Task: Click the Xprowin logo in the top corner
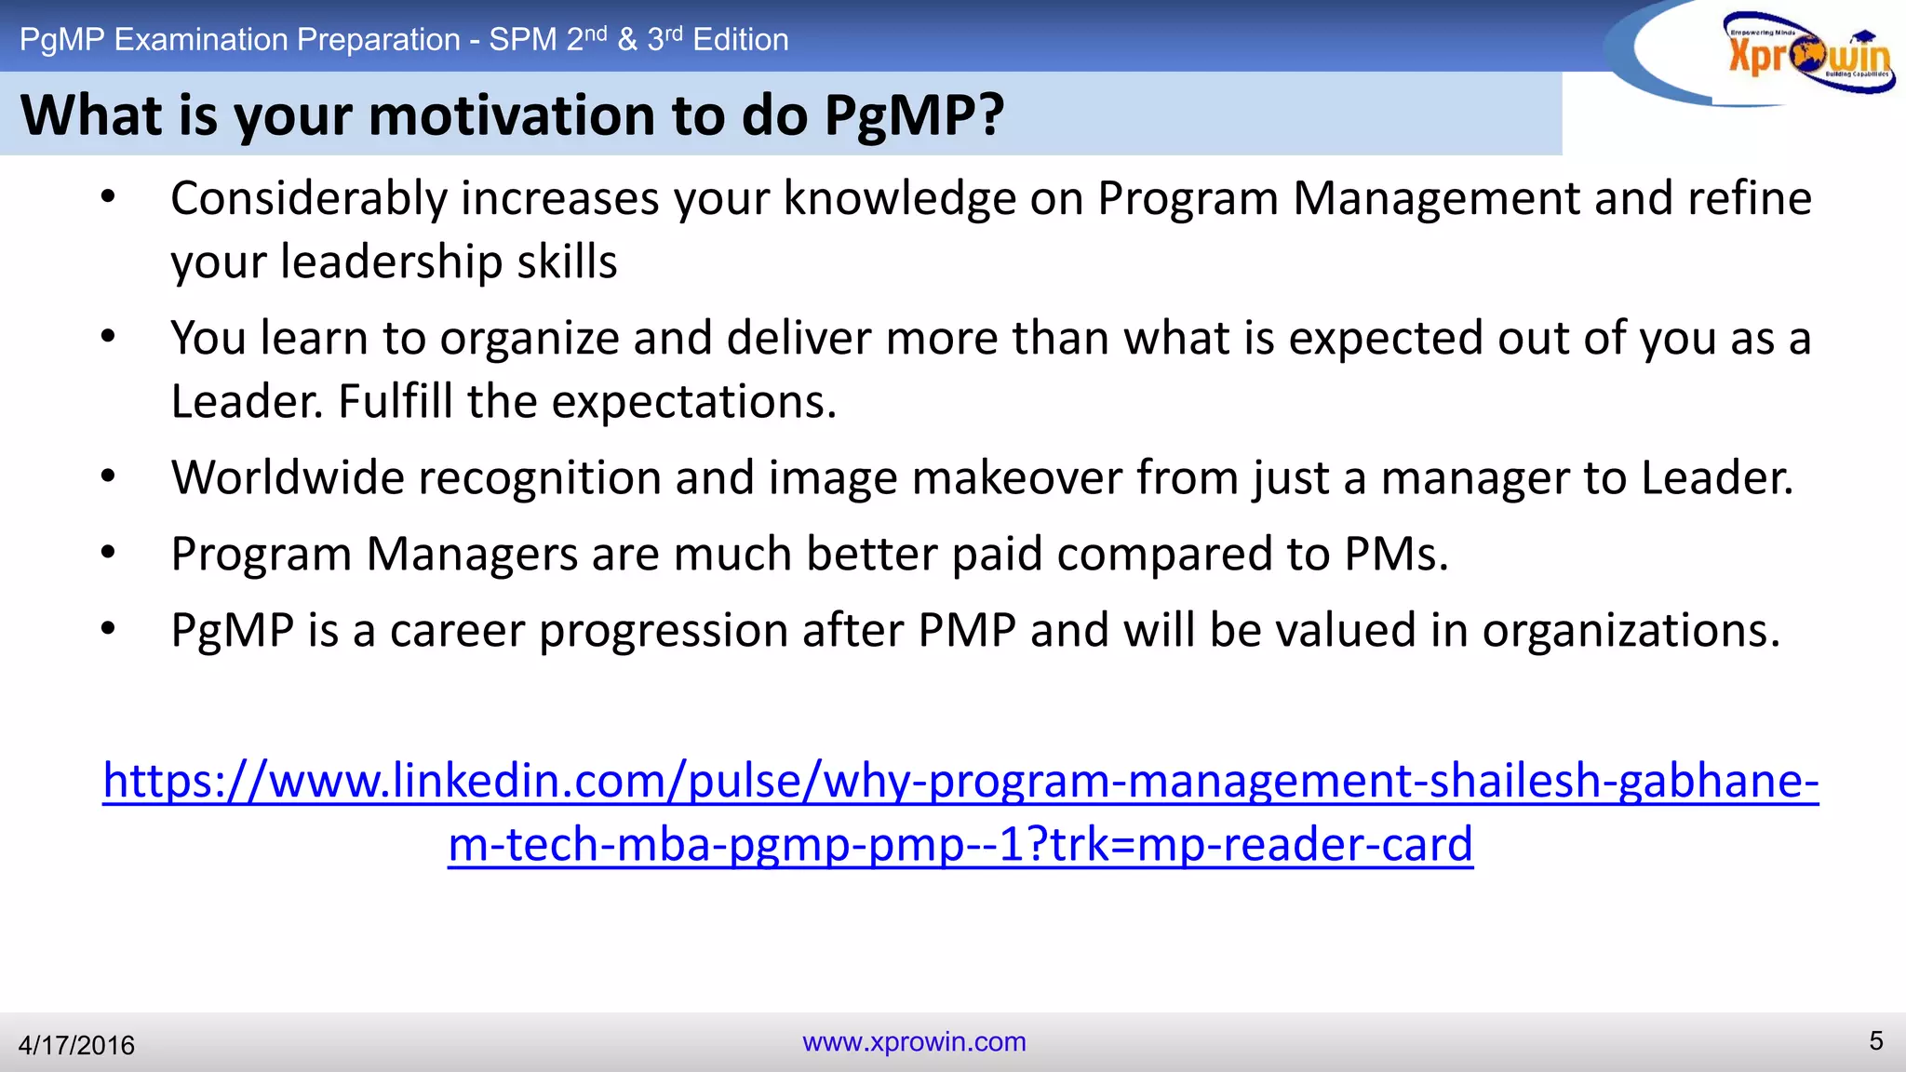[x=1805, y=54]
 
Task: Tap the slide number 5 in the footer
[x=1875, y=1040]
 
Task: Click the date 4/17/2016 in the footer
[x=76, y=1045]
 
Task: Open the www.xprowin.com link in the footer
[x=914, y=1041]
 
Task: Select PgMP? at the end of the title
[x=914, y=115]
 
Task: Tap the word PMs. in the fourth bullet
[x=1396, y=555]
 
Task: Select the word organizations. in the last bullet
[x=1631, y=631]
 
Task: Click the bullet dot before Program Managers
[x=109, y=553]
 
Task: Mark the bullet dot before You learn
[x=109, y=337]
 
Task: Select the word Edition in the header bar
[x=741, y=40]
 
